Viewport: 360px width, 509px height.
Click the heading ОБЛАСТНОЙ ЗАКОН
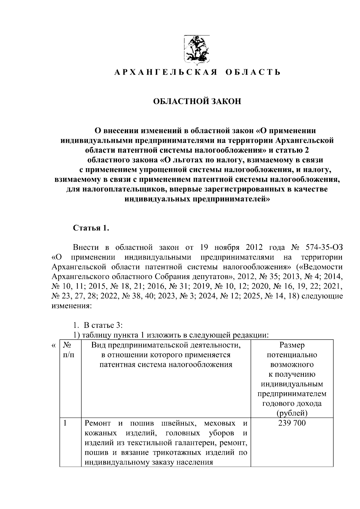pos(197,101)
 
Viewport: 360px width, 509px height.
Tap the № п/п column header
pos(68,350)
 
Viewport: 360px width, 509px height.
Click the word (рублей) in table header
pos(292,413)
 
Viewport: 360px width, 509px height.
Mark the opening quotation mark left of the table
pos(53,346)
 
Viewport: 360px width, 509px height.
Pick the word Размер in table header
pos(292,345)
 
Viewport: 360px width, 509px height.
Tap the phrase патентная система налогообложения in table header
pos(166,365)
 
